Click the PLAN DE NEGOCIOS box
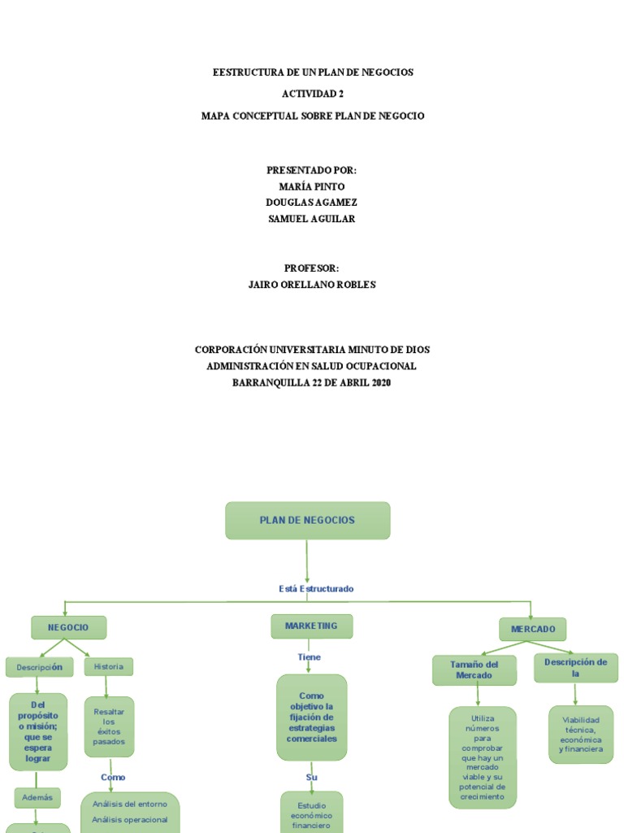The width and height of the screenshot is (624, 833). [x=307, y=521]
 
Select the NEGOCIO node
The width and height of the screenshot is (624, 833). [x=68, y=628]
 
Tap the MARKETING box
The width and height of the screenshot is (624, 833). [x=311, y=626]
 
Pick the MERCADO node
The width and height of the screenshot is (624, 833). [x=532, y=630]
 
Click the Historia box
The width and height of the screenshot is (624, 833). [x=108, y=667]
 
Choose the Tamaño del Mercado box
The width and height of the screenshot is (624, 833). [x=474, y=669]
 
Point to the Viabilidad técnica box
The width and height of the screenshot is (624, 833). [x=580, y=735]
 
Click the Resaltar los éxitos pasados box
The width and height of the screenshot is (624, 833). [x=109, y=726]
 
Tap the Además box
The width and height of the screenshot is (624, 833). [x=37, y=798]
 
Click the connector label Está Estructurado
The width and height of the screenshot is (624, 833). [x=316, y=588]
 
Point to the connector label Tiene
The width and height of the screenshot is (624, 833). [x=309, y=657]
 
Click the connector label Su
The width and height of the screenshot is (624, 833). [x=311, y=777]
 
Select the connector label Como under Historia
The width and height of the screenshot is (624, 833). [x=113, y=777]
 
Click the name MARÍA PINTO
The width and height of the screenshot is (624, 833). [x=312, y=186]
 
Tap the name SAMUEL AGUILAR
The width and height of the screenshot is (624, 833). [x=312, y=219]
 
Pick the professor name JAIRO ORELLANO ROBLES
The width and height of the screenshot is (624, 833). [x=312, y=285]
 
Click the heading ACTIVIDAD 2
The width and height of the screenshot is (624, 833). [x=313, y=94]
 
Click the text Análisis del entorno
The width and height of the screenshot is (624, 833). [x=130, y=805]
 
